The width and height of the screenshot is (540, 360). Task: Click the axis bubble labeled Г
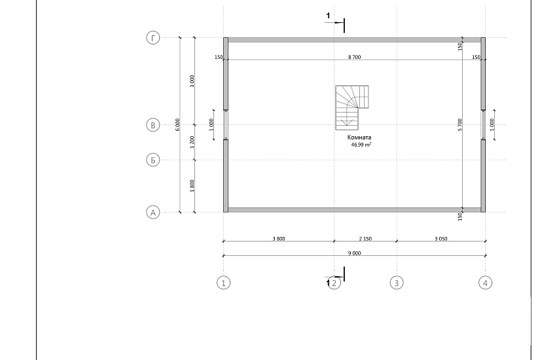tap(153, 37)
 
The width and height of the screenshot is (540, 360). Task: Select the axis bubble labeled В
tap(153, 125)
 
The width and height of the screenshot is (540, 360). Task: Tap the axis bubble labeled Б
tap(153, 160)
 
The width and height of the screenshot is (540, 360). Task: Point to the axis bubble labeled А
tap(153, 212)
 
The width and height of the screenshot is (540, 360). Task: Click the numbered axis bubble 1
tap(223, 283)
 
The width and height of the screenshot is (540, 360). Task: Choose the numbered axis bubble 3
tap(397, 283)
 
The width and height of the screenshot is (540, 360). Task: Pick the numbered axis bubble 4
tap(486, 283)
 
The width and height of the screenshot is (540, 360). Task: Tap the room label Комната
tap(359, 137)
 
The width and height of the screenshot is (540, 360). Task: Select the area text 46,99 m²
tap(361, 145)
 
